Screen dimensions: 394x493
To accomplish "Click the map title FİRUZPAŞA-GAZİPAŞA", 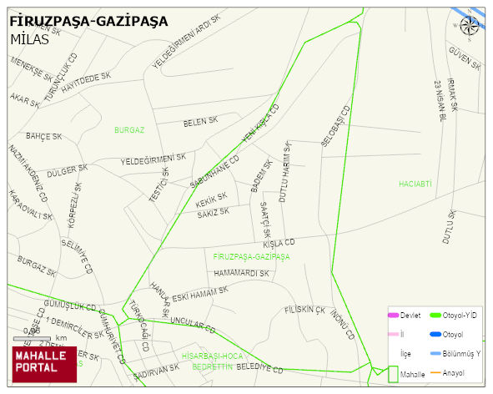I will click(x=88, y=20).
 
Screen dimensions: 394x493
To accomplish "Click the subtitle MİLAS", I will click(x=29, y=38).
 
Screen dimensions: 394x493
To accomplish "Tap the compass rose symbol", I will click(x=470, y=25).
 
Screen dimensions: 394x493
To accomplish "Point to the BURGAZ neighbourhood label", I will click(x=129, y=130).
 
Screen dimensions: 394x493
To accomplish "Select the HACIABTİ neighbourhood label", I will click(x=415, y=183).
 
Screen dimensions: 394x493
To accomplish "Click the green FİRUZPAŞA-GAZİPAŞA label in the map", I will click(x=251, y=256).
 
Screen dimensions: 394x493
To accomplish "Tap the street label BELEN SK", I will click(x=199, y=123).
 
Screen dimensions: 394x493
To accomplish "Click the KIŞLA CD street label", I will click(x=279, y=244).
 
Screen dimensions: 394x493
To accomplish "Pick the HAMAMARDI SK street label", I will click(x=241, y=273).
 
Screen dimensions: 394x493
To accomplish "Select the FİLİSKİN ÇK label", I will click(x=304, y=310).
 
